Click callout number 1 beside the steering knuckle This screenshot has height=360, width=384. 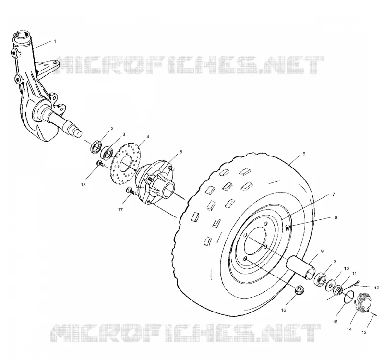pos(55,41)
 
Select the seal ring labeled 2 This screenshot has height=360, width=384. pos(96,147)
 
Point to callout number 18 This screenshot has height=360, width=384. pos(83,185)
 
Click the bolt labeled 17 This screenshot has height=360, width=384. pos(131,191)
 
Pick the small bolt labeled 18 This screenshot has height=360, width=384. pos(100,163)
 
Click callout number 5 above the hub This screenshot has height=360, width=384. pos(181,152)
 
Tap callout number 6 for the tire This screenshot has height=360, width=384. pos(304,154)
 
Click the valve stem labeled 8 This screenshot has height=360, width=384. pos(288,228)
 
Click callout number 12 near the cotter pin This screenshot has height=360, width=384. pos(377,288)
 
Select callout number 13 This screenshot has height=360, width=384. pos(364,332)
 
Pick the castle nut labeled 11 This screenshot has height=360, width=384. pos(338,290)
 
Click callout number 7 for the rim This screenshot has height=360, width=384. pos(334,195)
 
